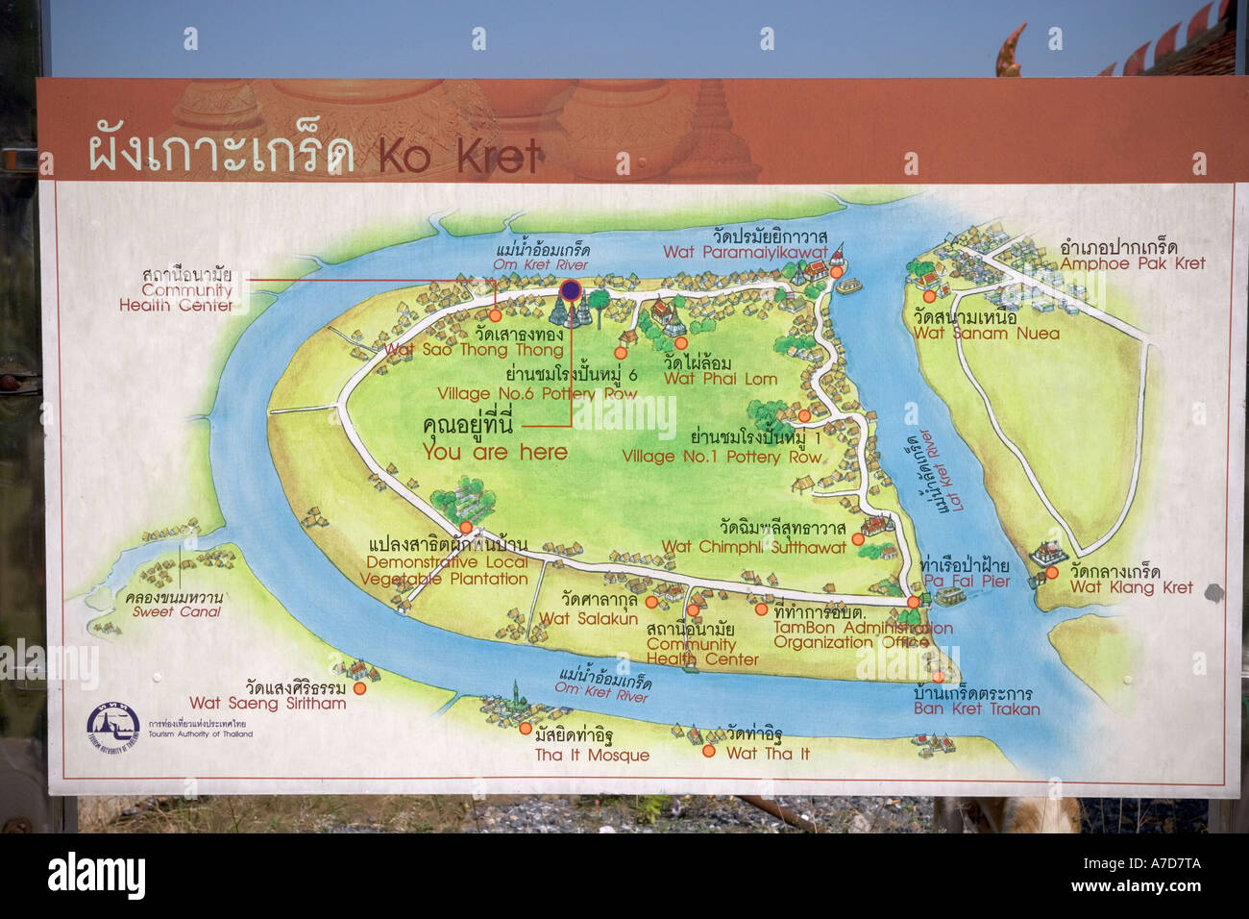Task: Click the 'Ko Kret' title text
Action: tap(460, 157)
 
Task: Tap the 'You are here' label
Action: tap(495, 452)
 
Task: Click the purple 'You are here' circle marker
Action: tap(571, 289)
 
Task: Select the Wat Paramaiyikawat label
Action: tap(745, 252)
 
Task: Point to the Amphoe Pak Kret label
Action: tap(1132, 263)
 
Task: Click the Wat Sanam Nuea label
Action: tap(986, 334)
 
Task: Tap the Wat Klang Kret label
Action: tap(1131, 587)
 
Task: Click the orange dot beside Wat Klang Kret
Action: tap(1052, 573)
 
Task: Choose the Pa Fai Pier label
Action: tap(966, 582)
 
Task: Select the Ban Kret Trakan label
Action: tap(976, 709)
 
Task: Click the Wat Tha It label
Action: tap(768, 754)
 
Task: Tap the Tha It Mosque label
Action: tap(592, 756)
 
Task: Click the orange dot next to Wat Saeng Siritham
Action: tap(359, 688)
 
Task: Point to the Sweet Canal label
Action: tap(177, 611)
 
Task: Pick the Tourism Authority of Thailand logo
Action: tap(113, 727)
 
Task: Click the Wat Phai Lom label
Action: tap(720, 379)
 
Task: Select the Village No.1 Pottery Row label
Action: tap(722, 457)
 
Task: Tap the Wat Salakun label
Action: tap(588, 619)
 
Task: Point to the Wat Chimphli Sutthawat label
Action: tap(753, 547)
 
